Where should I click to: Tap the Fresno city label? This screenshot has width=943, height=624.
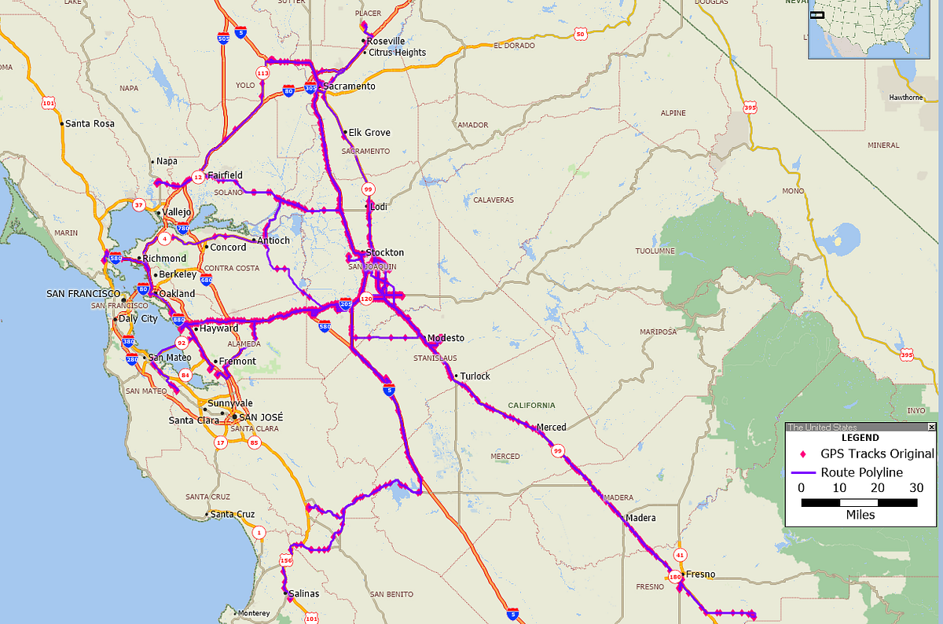700,574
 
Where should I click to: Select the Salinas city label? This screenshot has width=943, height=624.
305,594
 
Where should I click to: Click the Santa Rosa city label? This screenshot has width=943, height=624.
90,123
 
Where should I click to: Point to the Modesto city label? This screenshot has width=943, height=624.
446,338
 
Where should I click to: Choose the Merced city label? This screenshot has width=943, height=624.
551,428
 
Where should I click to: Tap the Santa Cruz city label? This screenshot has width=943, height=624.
234,515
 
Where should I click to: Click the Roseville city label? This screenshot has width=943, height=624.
386,41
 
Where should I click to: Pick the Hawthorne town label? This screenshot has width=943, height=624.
905,97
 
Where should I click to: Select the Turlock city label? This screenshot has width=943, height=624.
475,376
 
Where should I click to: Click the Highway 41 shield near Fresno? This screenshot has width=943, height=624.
681,555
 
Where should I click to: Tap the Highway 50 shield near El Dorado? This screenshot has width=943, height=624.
580,34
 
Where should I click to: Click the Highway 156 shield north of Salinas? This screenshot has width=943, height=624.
286,561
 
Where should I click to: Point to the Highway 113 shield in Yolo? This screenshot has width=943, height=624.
262,73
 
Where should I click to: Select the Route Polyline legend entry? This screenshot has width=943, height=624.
861,472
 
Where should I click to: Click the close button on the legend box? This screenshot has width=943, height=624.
932,427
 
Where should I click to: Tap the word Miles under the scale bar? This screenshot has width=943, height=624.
860,515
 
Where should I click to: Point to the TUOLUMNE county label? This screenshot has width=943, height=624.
655,251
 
